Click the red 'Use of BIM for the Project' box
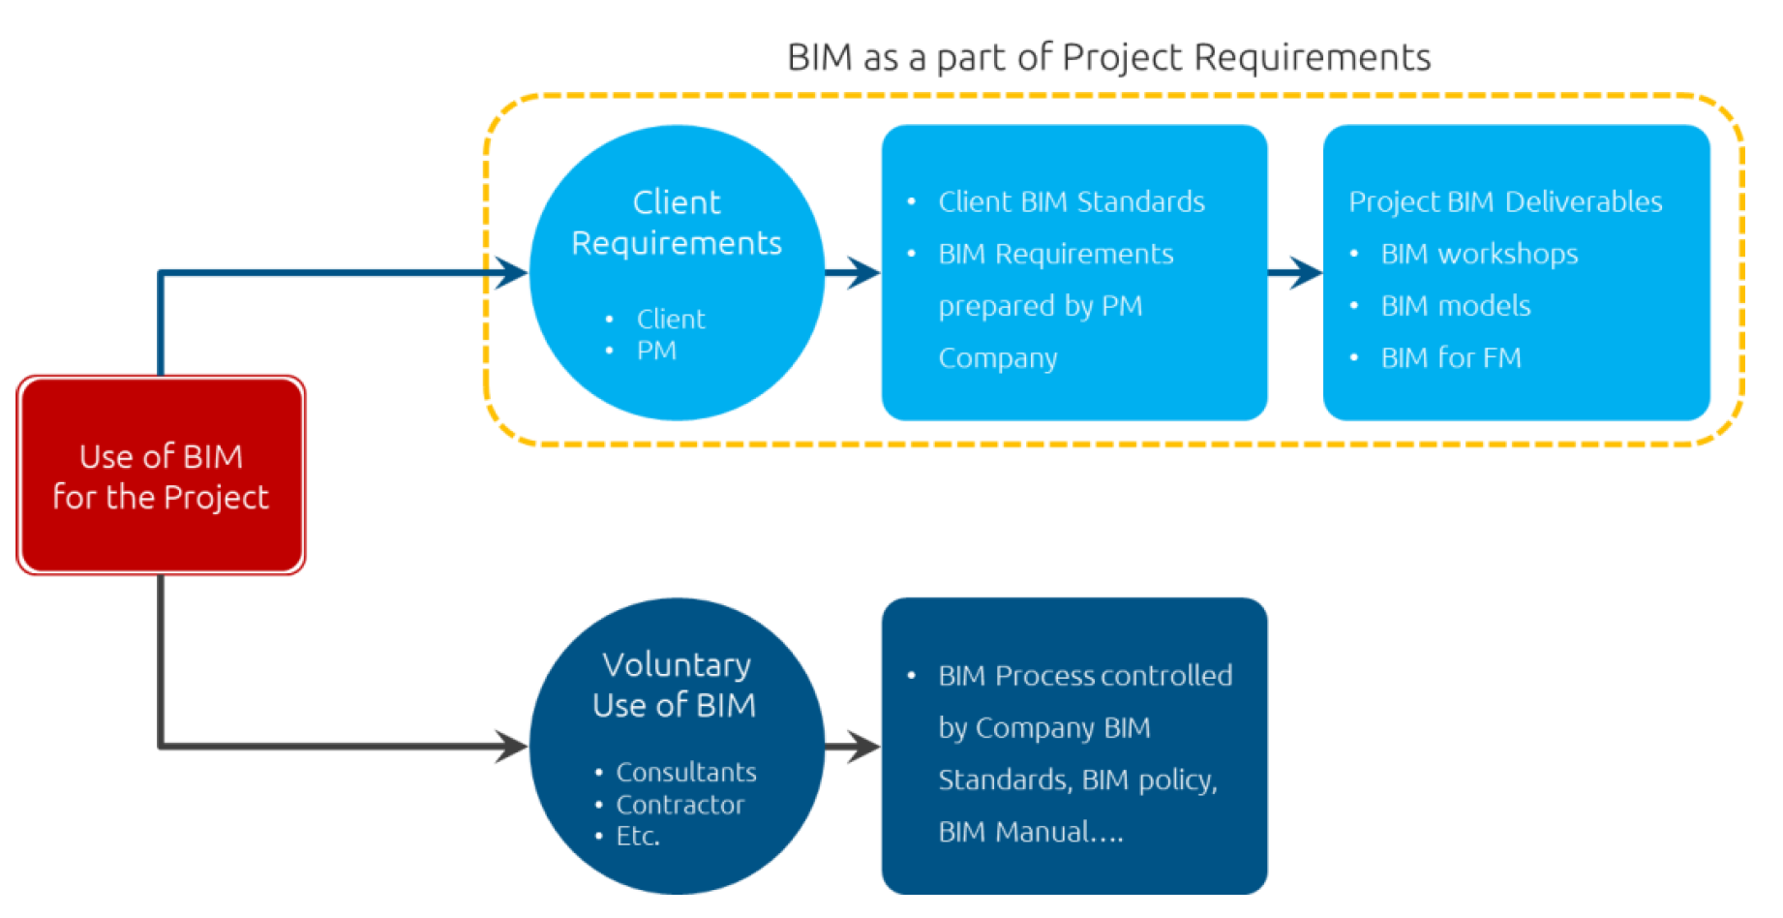click(x=161, y=475)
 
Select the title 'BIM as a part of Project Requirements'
click(x=1108, y=58)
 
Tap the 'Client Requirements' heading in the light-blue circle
click(x=677, y=223)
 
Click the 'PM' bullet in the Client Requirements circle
click(x=656, y=351)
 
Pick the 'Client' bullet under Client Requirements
click(x=671, y=319)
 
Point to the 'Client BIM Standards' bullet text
click(x=1071, y=201)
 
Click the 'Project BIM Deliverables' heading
click(x=1505, y=201)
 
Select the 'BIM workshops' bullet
click(x=1478, y=254)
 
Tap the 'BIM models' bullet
click(x=1455, y=306)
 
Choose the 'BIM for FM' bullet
click(x=1450, y=358)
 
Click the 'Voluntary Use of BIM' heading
click(x=675, y=685)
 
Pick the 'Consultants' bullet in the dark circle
click(x=685, y=772)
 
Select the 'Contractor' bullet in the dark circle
click(x=680, y=805)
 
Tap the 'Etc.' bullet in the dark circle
click(x=638, y=836)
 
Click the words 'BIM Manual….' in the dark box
click(x=1031, y=832)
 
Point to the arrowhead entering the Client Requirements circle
click(x=510, y=273)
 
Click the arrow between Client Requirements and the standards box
click(x=853, y=273)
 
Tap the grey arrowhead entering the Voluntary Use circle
click(x=510, y=746)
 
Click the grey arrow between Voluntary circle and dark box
click(x=853, y=746)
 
